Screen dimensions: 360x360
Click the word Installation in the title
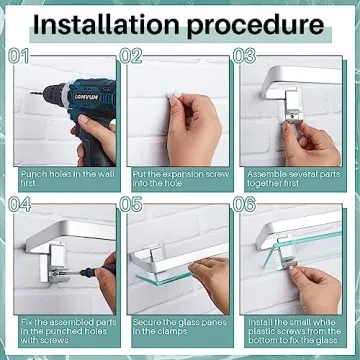[x=107, y=25]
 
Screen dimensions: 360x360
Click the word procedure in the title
[x=255, y=27]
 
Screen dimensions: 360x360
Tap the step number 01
[x=18, y=56]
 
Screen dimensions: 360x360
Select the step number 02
[x=131, y=56]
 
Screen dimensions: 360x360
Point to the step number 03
[x=244, y=56]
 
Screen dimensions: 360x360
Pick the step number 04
[x=19, y=204]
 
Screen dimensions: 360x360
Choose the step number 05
[x=131, y=204]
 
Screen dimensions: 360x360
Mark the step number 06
[x=244, y=204]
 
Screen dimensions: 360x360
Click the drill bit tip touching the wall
[x=31, y=93]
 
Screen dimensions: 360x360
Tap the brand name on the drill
[x=86, y=97]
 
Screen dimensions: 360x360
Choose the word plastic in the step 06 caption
[x=261, y=331]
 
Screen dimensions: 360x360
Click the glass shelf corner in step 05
[x=138, y=276]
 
